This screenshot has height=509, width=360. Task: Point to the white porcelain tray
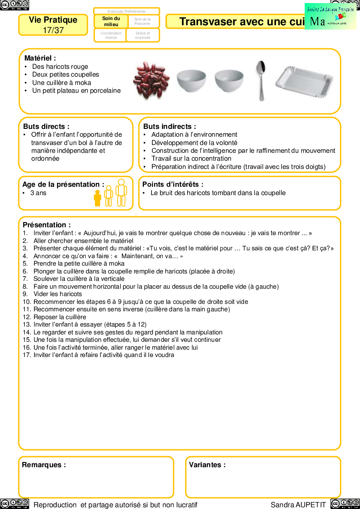(x=305, y=83)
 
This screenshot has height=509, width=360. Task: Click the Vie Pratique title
(x=53, y=20)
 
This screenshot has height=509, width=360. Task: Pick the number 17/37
(x=53, y=30)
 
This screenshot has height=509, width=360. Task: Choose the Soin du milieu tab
(x=111, y=21)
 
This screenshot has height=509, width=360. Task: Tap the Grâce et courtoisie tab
(x=143, y=35)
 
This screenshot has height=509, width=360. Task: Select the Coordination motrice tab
(x=111, y=35)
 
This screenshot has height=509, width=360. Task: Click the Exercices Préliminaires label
(x=127, y=11)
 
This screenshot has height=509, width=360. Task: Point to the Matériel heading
(x=40, y=58)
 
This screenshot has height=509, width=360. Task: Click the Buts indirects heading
(x=170, y=126)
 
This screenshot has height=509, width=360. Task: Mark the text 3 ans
(x=38, y=192)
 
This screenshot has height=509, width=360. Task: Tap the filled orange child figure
(x=98, y=198)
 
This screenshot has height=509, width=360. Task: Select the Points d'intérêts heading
(x=173, y=184)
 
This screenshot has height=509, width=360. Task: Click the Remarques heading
(x=44, y=465)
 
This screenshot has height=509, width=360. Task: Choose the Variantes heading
(x=207, y=465)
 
